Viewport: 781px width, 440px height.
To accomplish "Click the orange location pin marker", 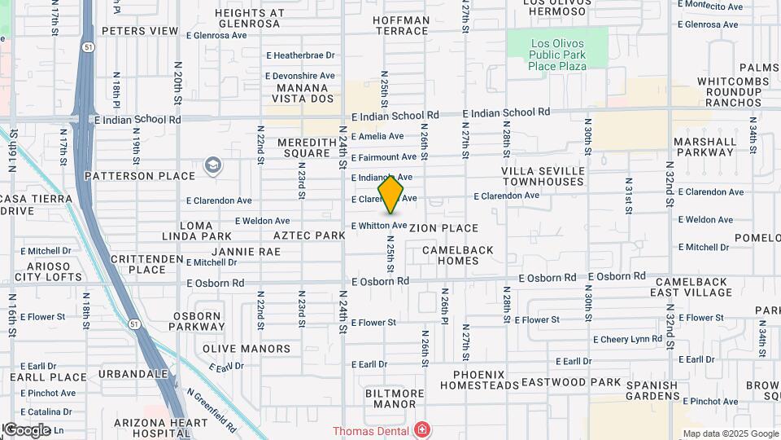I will pos(391,194).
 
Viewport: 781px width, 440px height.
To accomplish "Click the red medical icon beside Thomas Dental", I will pos(421,429).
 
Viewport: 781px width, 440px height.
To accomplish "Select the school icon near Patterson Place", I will pos(213,166).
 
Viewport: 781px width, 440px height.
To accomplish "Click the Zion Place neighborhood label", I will pos(443,228).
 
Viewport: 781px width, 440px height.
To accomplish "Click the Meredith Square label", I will pos(303,147).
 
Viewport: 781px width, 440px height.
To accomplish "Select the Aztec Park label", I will pos(309,235).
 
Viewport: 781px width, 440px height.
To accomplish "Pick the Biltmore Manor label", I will pos(395,398).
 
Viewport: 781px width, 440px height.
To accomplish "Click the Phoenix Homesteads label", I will pos(486,379).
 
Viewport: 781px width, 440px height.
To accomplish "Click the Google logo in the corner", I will pos(26,429).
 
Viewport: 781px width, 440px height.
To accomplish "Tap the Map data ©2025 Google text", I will pos(731,433).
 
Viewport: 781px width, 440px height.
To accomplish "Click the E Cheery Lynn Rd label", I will pos(628,339).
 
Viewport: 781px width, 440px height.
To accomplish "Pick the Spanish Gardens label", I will pos(647,391).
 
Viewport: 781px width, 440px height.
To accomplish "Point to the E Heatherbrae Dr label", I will pos(301,55).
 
